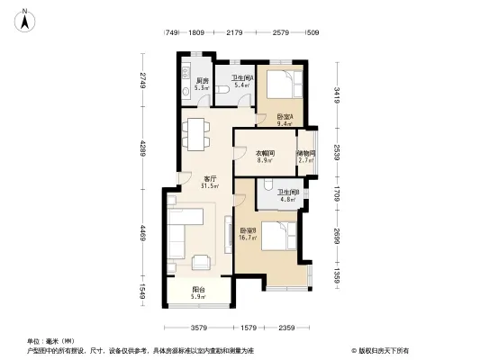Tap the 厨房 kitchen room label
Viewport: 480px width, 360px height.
(x=203, y=85)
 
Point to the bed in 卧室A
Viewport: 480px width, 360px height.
(x=276, y=86)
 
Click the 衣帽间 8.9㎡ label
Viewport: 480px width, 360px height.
(x=264, y=157)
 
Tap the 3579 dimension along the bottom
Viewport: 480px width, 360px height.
(x=201, y=328)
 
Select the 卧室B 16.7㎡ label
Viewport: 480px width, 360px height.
(x=249, y=235)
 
